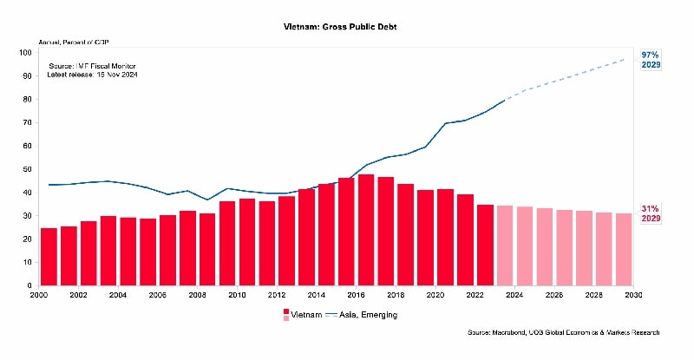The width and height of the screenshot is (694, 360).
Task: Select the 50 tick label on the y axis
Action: tap(29, 169)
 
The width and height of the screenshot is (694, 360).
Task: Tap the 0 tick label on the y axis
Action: tap(30, 285)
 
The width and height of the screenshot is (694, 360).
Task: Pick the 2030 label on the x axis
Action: tap(633, 296)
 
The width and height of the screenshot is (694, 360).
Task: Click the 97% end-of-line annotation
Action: tap(650, 56)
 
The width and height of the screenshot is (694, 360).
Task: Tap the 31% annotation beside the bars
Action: tap(650, 208)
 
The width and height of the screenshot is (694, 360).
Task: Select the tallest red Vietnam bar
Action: tap(366, 230)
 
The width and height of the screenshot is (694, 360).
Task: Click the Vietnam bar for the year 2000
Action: tap(49, 257)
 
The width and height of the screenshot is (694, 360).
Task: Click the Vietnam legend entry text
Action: tap(305, 315)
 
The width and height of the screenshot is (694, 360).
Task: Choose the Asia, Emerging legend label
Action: tap(369, 315)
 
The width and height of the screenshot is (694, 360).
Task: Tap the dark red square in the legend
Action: tap(286, 311)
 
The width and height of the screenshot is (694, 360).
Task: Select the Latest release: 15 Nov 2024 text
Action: tap(92, 75)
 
